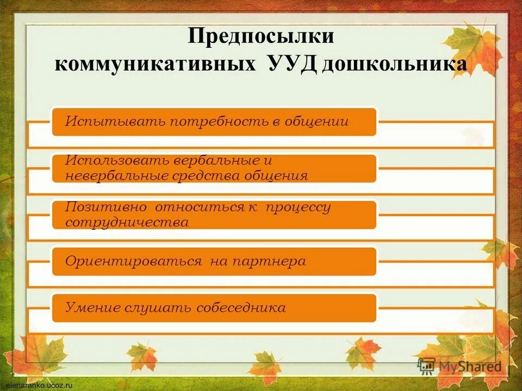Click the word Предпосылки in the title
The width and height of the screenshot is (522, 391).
[260, 37]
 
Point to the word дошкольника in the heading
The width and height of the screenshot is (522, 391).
[394, 64]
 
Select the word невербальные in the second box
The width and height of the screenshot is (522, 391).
[117, 176]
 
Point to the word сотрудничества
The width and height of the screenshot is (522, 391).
[127, 222]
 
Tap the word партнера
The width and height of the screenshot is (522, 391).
[269, 261]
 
